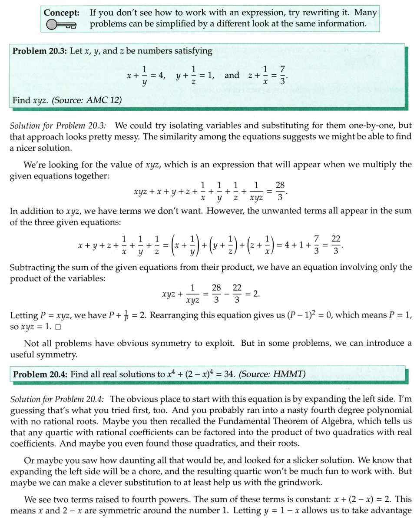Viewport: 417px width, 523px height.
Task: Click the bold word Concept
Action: [61, 13]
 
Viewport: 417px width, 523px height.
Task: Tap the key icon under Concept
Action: [61, 25]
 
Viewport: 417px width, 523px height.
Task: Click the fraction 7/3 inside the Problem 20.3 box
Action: [283, 75]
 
